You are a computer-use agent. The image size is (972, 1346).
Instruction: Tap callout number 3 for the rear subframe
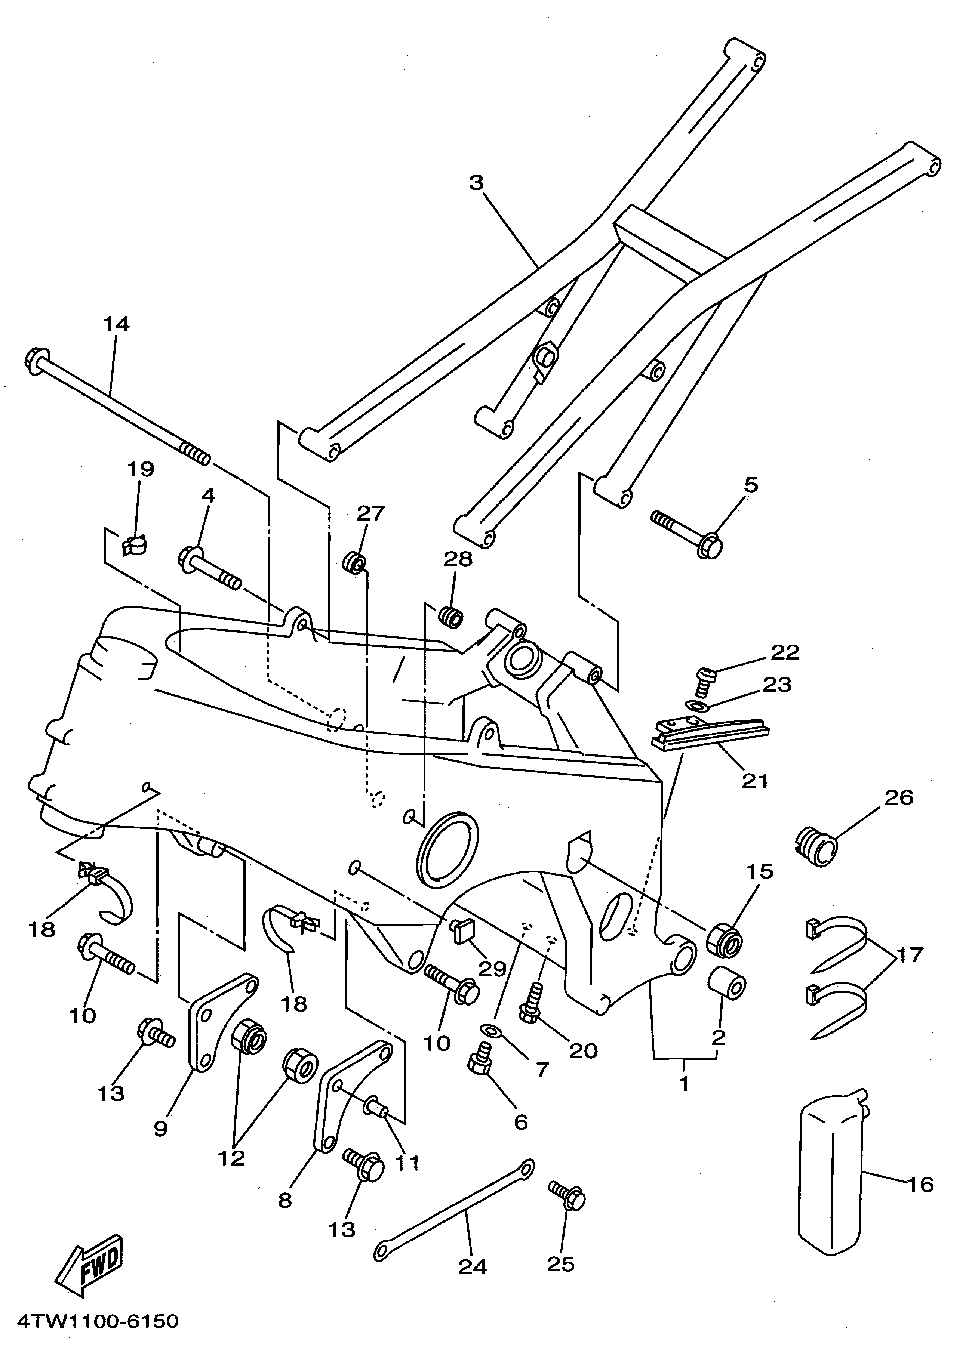point(476,183)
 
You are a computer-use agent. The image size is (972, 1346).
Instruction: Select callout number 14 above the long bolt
point(116,325)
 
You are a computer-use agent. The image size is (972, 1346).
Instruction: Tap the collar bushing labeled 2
point(727,990)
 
